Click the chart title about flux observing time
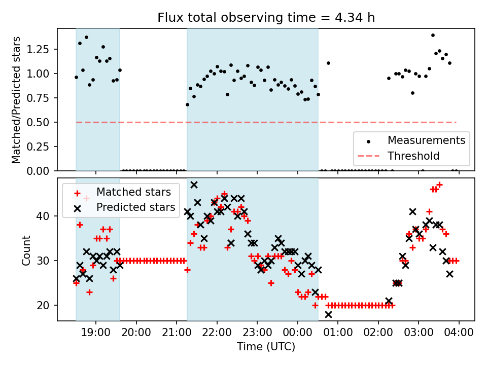coord(266,18)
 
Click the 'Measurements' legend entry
coord(426,140)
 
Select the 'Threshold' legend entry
coord(413,156)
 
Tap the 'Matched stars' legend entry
coord(133,192)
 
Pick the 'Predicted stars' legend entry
coord(135,207)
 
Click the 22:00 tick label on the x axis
coord(217,333)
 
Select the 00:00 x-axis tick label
coord(297,333)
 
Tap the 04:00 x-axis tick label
coord(459,333)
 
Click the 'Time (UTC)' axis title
coord(266,347)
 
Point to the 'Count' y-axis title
coord(26,250)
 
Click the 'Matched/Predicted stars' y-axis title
coord(16,100)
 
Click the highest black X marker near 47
coord(194,185)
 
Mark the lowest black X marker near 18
coord(328,314)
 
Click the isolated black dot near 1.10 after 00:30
coord(328,63)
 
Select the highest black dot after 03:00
coord(433,35)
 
